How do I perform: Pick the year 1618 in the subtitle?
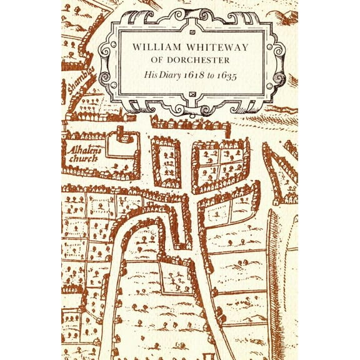click(201, 77)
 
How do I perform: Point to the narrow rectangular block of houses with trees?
click(166, 161)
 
